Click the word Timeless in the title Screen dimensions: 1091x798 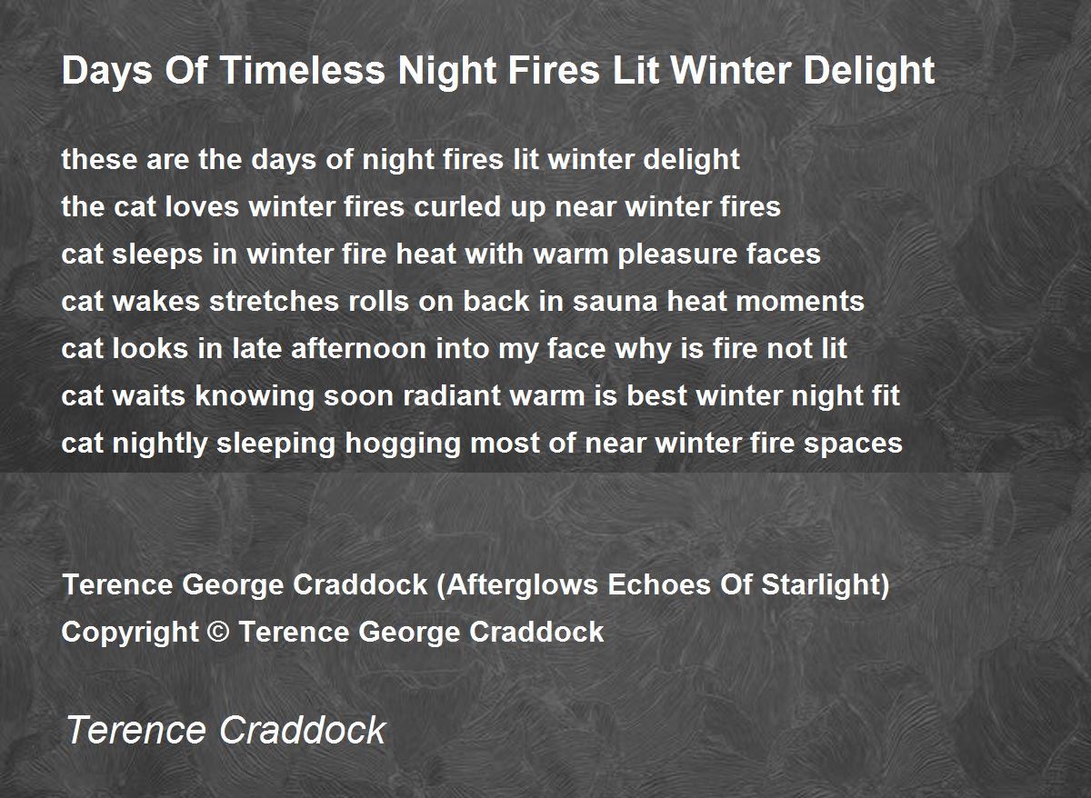[303, 70]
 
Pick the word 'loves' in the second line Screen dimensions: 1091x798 [202, 206]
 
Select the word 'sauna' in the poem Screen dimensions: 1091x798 [616, 302]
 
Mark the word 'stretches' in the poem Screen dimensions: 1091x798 [274, 302]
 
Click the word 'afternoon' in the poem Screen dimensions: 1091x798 [358, 349]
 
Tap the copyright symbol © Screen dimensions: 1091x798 [218, 632]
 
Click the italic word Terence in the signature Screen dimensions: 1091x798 [135, 730]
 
